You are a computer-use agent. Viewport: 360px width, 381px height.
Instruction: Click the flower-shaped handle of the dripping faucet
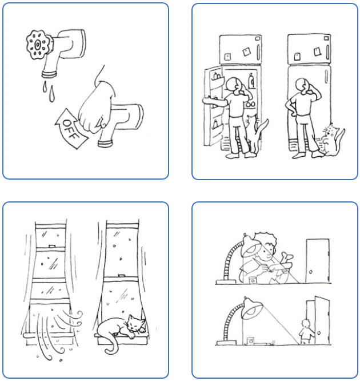click(x=38, y=45)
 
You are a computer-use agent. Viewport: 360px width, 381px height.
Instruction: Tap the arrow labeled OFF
click(x=71, y=129)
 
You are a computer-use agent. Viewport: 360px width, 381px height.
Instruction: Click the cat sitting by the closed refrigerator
click(x=331, y=141)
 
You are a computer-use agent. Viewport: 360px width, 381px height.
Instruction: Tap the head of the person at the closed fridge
click(x=302, y=84)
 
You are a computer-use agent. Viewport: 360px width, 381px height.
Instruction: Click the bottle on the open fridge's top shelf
click(x=252, y=81)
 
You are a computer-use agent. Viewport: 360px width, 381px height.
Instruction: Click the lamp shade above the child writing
click(x=251, y=245)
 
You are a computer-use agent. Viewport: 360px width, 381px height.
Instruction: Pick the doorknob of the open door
click(x=319, y=332)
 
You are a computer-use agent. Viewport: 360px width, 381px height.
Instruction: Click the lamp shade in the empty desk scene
click(x=253, y=308)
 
